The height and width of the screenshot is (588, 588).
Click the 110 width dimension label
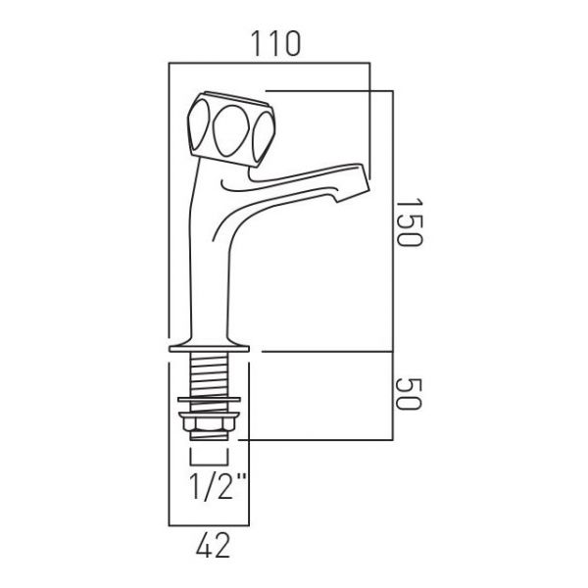point(276,44)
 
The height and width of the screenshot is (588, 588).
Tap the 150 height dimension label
point(409,222)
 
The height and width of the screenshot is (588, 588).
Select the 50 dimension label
point(409,394)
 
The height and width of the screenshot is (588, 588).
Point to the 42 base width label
point(213,546)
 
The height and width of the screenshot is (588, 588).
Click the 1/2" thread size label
point(218,486)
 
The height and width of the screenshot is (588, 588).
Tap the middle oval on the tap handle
point(228,129)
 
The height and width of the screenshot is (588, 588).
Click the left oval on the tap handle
point(198,124)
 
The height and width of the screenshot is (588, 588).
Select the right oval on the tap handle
point(264,137)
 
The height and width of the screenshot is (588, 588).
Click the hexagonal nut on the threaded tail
point(209,423)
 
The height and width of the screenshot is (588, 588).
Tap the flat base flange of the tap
point(209,349)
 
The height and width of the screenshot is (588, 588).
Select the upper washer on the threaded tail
point(209,400)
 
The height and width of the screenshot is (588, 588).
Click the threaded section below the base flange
point(209,374)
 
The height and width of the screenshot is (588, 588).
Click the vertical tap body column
point(209,273)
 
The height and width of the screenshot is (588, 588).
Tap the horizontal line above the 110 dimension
point(269,63)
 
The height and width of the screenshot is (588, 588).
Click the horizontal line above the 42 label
point(209,525)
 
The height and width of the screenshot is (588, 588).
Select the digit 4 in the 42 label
point(205,546)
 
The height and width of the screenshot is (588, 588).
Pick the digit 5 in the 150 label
point(409,222)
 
